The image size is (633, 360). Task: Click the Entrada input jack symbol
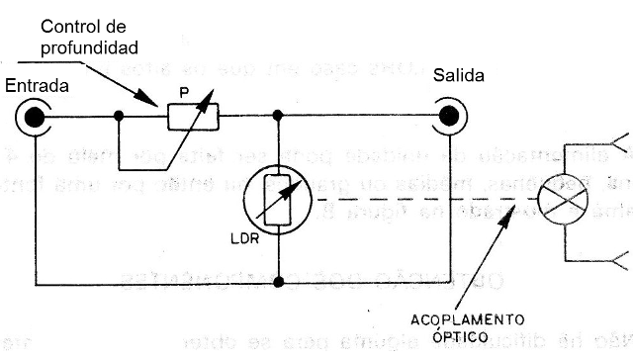pyautogui.click(x=36, y=117)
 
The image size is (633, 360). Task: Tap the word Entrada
pyautogui.click(x=38, y=86)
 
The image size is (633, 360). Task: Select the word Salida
pyautogui.click(x=458, y=76)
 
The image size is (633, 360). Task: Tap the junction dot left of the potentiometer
pyautogui.click(x=119, y=117)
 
